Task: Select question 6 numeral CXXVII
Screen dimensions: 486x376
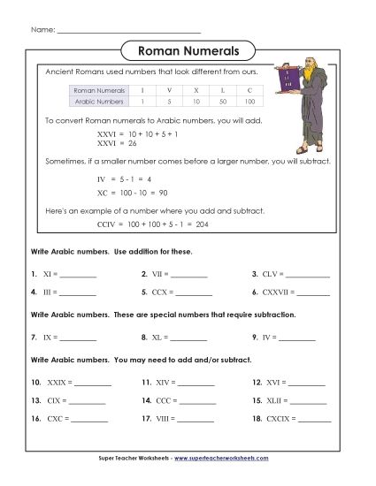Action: [283, 292]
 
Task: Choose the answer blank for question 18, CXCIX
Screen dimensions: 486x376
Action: [312, 420]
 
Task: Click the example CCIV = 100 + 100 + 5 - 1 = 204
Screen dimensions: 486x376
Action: [152, 224]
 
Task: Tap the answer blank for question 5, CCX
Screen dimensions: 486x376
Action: [194, 292]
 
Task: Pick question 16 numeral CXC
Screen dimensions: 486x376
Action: [58, 420]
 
